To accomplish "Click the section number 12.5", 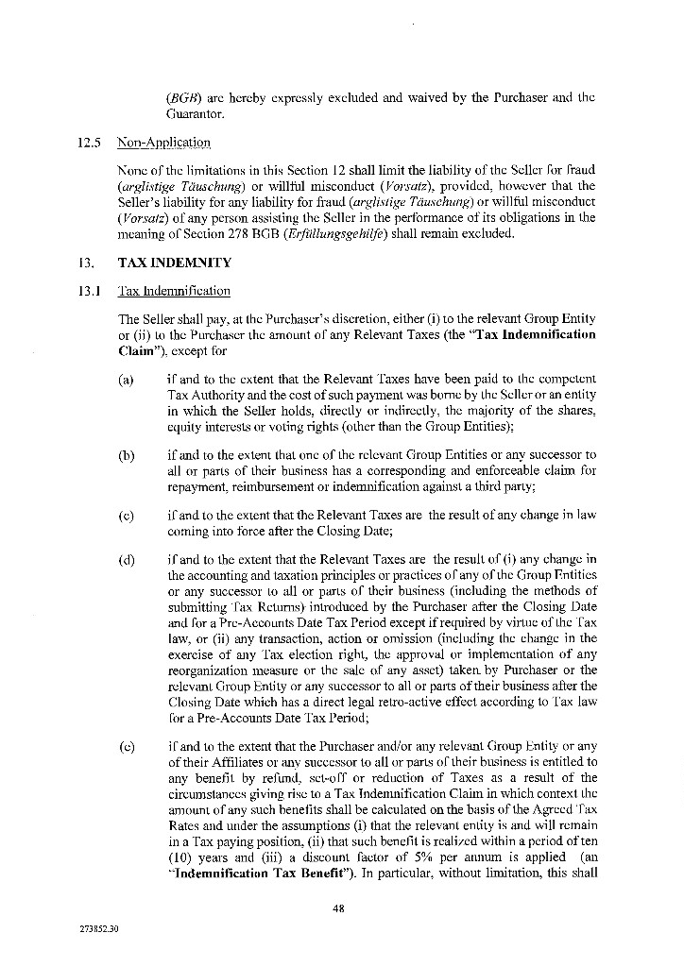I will [x=90, y=143].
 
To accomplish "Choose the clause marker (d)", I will [x=125, y=561].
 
